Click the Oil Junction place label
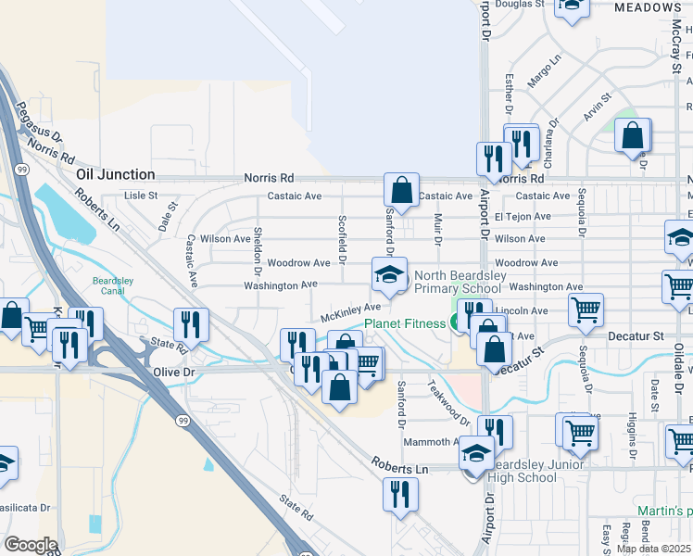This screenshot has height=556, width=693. coord(115,174)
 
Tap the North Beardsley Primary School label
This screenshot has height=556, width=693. coord(458,282)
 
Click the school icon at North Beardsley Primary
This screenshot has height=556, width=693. coord(390,274)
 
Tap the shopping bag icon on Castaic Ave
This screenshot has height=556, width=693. coord(402,191)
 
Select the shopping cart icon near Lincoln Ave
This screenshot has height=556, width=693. coord(586,310)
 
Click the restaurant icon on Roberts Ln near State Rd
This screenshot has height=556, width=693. coord(191,324)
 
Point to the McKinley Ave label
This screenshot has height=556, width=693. coord(351,312)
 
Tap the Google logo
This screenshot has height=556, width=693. coord(30,545)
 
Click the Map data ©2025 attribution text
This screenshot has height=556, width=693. coord(653,549)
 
